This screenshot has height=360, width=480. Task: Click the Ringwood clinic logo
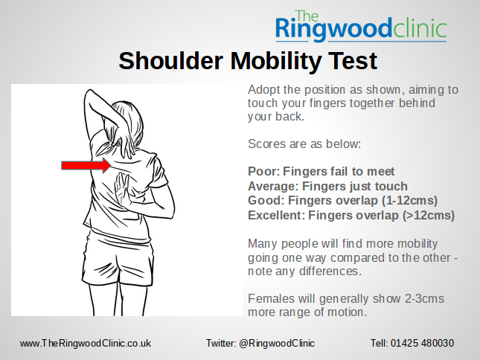tap(360, 26)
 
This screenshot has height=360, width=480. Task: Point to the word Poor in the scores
tap(261, 172)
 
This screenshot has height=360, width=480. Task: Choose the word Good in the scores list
tap(263, 201)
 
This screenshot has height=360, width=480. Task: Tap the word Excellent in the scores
tap(276, 216)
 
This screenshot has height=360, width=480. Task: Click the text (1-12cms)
tap(408, 201)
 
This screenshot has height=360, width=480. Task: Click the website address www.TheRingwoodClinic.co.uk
tap(86, 343)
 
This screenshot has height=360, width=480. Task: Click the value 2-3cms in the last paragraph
tap(420, 298)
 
